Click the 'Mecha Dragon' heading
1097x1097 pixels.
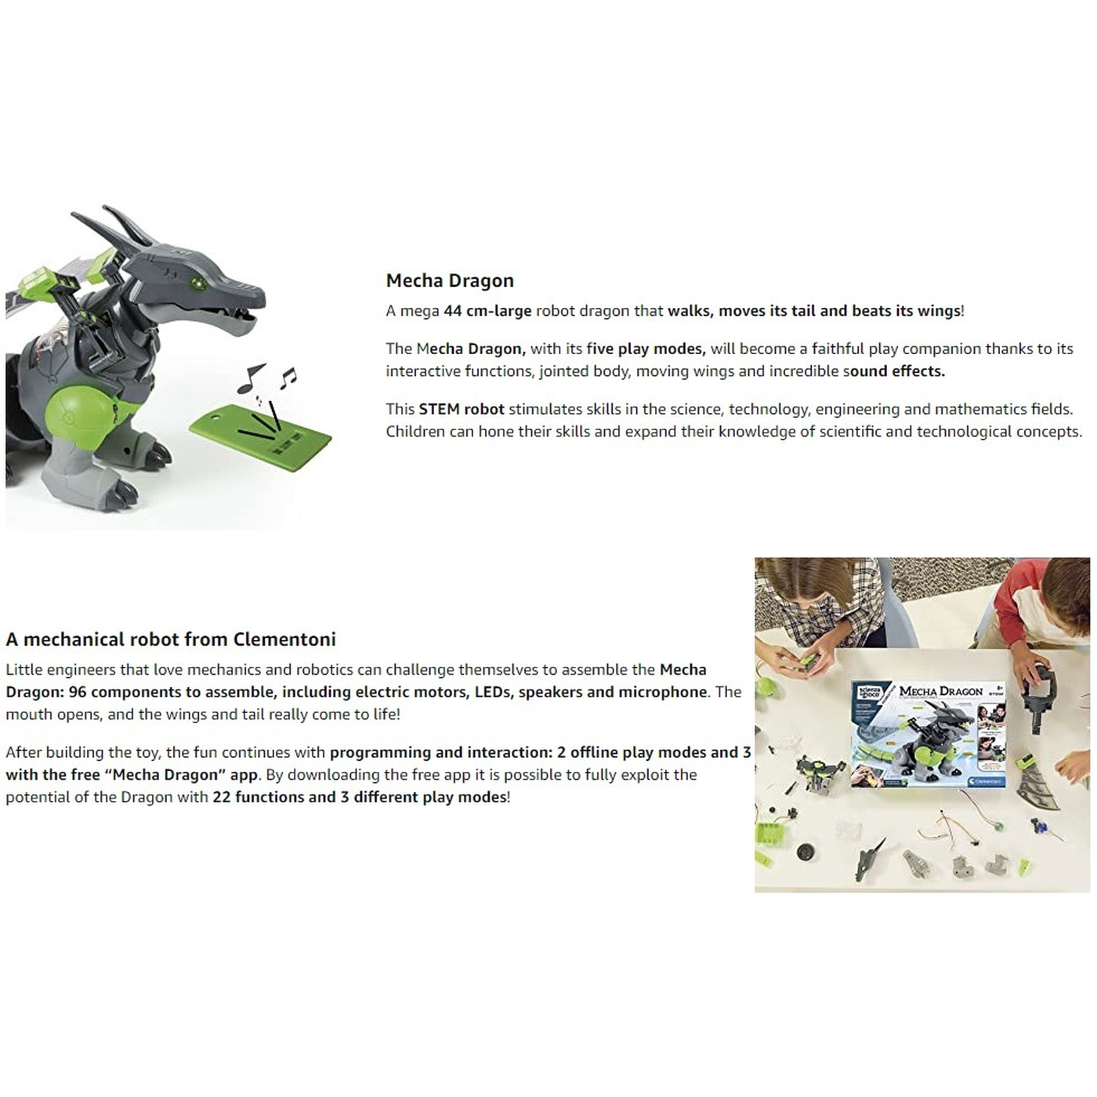pos(450,281)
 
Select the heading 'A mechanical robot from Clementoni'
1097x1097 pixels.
pos(171,639)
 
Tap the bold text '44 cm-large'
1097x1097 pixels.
pos(487,311)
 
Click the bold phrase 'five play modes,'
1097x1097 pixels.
pos(646,349)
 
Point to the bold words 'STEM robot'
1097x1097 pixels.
pos(462,409)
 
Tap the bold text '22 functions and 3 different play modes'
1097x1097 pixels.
pos(359,797)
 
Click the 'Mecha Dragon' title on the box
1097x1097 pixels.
pos(941,692)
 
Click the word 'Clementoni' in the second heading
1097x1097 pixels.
pos(284,639)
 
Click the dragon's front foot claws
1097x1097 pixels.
pos(150,452)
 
